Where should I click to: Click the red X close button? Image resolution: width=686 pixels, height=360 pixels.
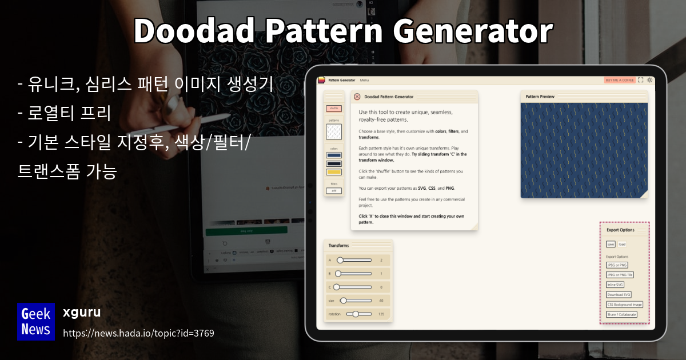tap(357, 97)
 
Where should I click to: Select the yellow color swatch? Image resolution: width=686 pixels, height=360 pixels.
tap(334, 172)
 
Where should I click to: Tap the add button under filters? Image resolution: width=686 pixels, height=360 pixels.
tap(334, 191)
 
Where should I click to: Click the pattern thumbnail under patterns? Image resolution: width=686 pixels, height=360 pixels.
tap(334, 132)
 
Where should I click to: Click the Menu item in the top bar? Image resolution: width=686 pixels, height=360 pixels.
tap(364, 80)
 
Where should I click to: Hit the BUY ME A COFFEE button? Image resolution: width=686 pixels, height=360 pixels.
tap(620, 80)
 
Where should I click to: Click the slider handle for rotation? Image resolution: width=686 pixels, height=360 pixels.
tap(356, 314)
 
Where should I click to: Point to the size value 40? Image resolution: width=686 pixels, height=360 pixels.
tap(381, 301)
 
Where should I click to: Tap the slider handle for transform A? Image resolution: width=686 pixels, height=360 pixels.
tap(340, 260)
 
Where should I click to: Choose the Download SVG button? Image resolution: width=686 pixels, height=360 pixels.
tap(619, 295)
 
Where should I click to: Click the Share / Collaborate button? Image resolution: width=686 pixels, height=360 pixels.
tap(621, 314)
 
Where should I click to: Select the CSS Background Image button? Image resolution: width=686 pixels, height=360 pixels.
tap(624, 305)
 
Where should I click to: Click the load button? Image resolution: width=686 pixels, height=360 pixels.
tap(622, 244)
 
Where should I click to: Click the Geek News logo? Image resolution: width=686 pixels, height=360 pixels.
tap(36, 321)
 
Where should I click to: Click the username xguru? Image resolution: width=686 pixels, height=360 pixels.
tap(82, 313)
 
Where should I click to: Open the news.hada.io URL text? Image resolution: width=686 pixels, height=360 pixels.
tap(138, 333)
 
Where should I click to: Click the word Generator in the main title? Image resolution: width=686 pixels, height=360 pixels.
tap(469, 31)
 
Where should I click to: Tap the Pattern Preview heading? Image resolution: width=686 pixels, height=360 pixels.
tap(540, 97)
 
